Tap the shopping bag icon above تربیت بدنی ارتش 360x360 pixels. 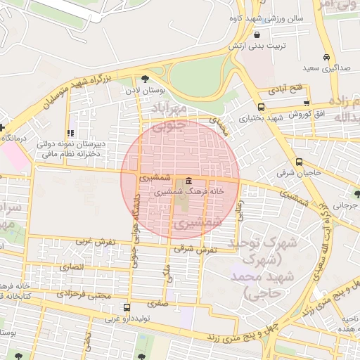coord(257,34)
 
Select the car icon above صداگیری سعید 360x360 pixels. coord(326,58)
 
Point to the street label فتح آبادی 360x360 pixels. coord(284,90)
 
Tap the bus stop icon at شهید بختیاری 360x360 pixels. coord(261,108)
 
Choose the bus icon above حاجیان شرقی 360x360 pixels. coord(299,161)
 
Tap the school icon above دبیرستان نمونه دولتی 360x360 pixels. coord(70,133)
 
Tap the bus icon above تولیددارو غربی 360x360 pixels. coord(127,307)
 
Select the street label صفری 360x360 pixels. coord(157,304)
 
